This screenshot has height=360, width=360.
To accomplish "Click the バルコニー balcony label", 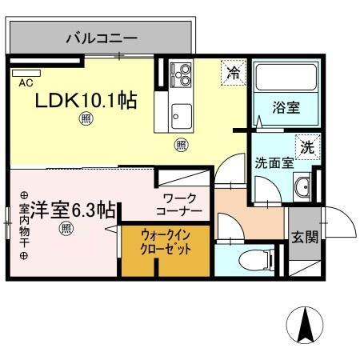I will [x=101, y=38].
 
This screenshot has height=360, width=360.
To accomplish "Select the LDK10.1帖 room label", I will [x=85, y=100].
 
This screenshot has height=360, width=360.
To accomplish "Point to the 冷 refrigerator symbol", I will [x=234, y=72].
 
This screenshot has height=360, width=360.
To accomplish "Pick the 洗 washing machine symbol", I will [x=306, y=147].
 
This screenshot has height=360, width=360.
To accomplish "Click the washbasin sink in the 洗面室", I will [x=302, y=188].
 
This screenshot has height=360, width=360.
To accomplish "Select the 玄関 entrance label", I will [x=303, y=237].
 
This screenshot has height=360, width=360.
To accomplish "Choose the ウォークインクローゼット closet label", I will [x=166, y=241].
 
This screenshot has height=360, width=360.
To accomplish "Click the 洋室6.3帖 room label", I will [x=67, y=210].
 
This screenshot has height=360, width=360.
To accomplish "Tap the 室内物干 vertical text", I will [x=23, y=225].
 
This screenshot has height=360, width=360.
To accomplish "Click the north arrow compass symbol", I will [x=305, y=326].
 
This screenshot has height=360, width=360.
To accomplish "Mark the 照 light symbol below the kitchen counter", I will [x=181, y=145].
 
